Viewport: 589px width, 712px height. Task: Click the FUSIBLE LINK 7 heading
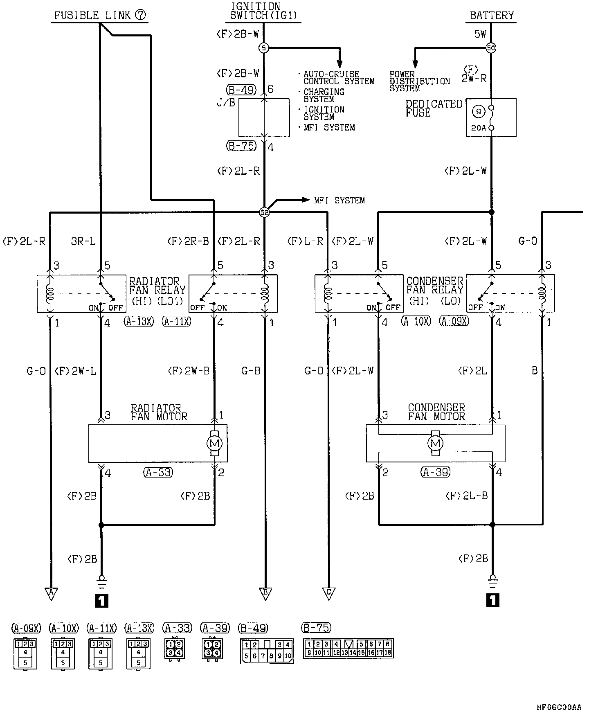pos(100,16)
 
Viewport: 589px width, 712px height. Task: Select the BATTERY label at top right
pos(492,16)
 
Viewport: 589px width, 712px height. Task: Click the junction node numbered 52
pos(265,212)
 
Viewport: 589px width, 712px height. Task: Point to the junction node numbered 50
pos(491,48)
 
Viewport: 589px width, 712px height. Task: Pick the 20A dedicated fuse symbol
pos(491,117)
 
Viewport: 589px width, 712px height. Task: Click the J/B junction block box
pos(264,117)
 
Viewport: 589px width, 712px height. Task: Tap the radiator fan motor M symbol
pos(215,443)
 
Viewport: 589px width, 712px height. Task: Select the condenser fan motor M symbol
pos(435,443)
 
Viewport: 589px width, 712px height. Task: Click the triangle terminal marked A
pos(51,593)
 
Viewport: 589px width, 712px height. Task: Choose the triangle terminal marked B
pos(265,593)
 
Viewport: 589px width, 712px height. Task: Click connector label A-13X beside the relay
pos(138,322)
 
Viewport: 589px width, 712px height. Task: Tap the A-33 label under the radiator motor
pos(158,473)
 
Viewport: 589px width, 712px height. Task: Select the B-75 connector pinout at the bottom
pos(348,648)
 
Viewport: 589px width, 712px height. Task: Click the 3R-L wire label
pos(83,241)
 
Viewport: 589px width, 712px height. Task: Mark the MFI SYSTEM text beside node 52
pos(339,201)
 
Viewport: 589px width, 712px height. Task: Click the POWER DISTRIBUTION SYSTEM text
pos(420,81)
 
